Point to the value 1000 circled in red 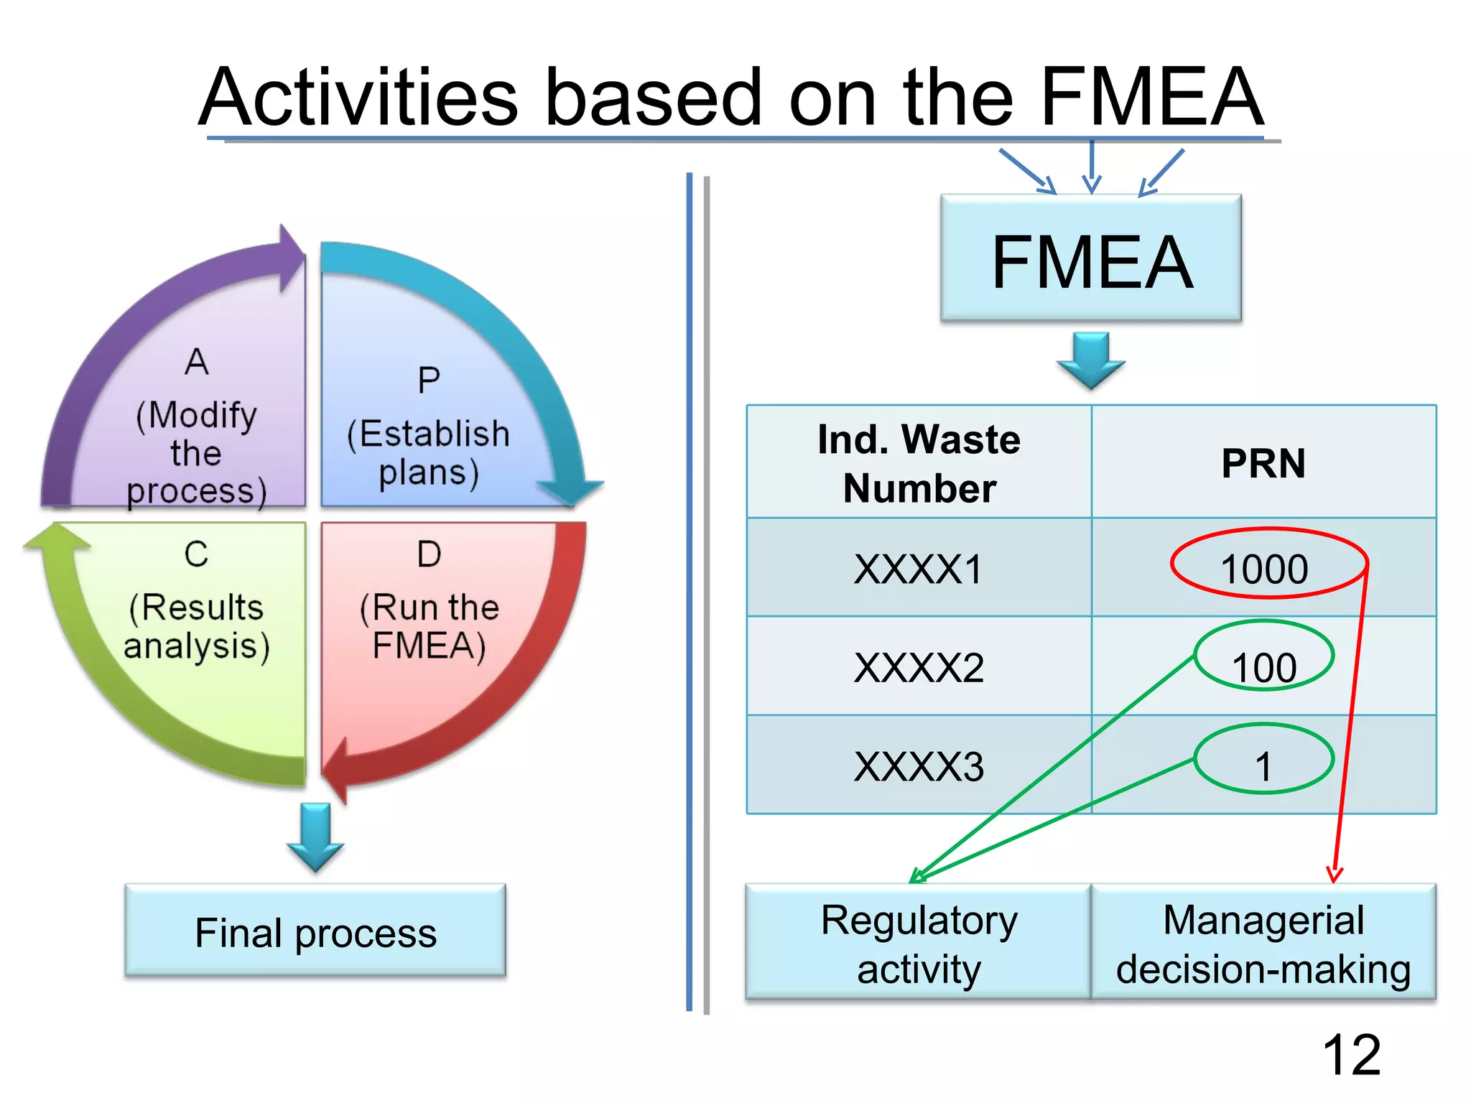pos(1264,569)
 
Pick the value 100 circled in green pos(1264,666)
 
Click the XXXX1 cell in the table pos(919,569)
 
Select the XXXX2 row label pos(919,667)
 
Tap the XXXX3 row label pos(919,766)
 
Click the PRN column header pos(1263,463)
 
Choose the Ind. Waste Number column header pos(919,463)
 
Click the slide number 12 pos(1351,1054)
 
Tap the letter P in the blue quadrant pos(429,380)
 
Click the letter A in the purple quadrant pos(197,361)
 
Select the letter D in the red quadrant pos(429,554)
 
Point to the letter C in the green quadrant pos(196,554)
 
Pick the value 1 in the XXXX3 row pos(1264,766)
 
